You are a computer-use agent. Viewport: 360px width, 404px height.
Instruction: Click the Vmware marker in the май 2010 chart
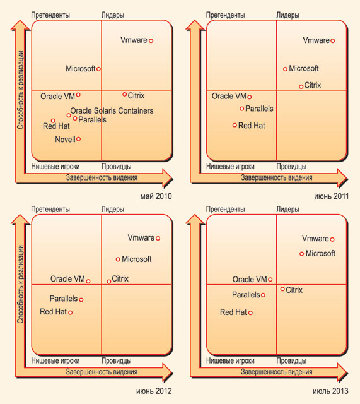point(151,40)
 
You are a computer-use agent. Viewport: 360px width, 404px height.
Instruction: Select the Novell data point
point(78,139)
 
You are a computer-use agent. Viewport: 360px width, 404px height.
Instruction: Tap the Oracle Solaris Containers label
point(112,111)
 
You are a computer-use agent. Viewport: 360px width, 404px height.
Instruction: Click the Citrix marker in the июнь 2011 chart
point(301,86)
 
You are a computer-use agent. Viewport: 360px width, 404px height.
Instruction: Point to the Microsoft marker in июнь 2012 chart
point(118,259)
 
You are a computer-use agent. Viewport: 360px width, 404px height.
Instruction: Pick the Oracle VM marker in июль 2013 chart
point(270,279)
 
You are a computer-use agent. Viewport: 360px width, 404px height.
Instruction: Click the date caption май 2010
point(156,196)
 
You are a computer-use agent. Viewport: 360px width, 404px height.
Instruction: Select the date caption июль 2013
point(330,391)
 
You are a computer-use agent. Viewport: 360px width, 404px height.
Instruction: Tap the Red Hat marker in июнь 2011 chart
point(235,125)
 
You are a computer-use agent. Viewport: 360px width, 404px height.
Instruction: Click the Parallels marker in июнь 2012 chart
point(81,300)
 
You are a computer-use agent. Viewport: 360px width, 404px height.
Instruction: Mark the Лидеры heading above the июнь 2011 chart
point(287,15)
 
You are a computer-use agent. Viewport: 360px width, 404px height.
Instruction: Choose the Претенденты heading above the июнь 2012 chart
point(50,209)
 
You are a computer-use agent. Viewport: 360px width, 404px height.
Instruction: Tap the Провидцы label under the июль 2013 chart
point(291,360)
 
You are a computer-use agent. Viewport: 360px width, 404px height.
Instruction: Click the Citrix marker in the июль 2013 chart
point(282,289)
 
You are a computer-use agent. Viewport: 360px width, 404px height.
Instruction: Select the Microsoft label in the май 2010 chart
point(81,69)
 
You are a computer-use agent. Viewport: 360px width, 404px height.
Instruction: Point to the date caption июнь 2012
point(154,391)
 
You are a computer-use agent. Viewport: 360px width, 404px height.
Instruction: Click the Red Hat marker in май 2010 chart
point(53,121)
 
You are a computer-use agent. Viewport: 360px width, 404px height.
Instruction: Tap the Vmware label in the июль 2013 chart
point(315,239)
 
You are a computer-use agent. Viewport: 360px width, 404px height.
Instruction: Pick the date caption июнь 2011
point(332,196)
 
